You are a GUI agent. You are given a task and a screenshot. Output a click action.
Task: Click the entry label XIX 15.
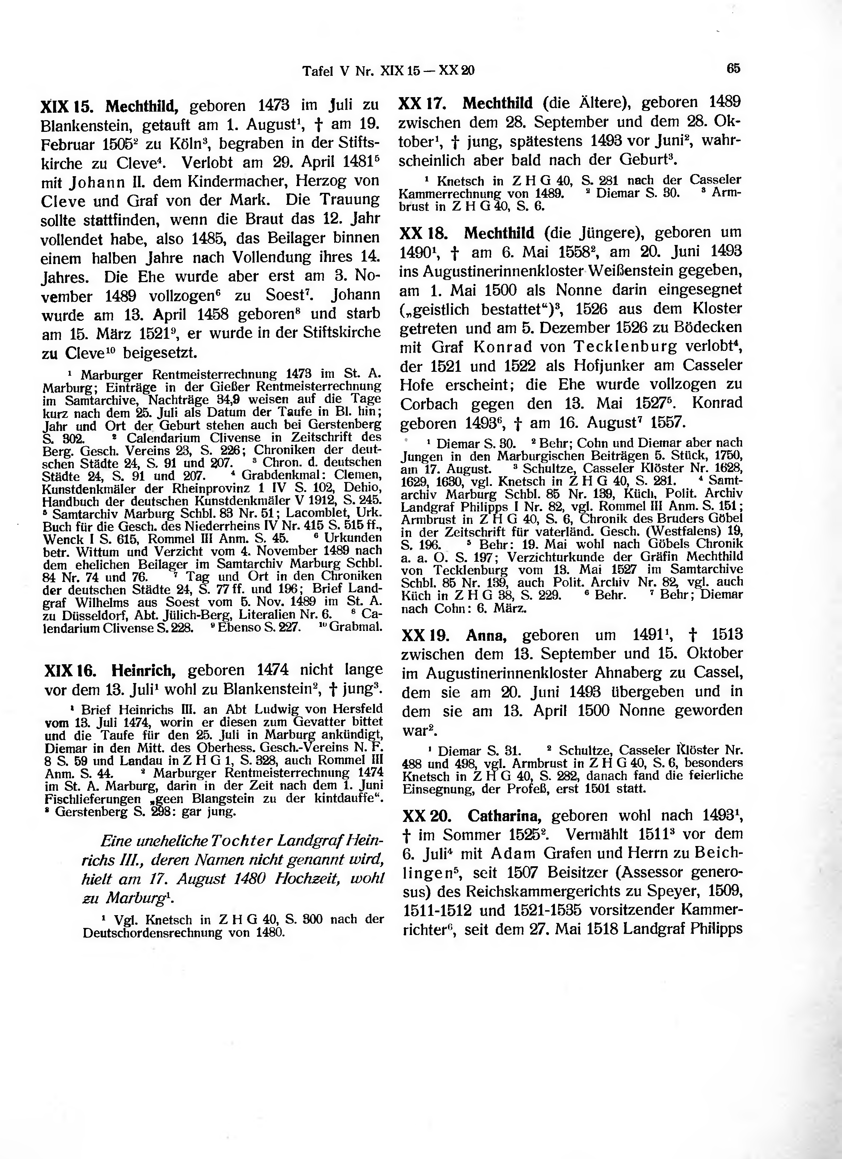click(x=66, y=107)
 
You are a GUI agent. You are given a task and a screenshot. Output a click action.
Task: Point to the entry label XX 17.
click(x=422, y=103)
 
